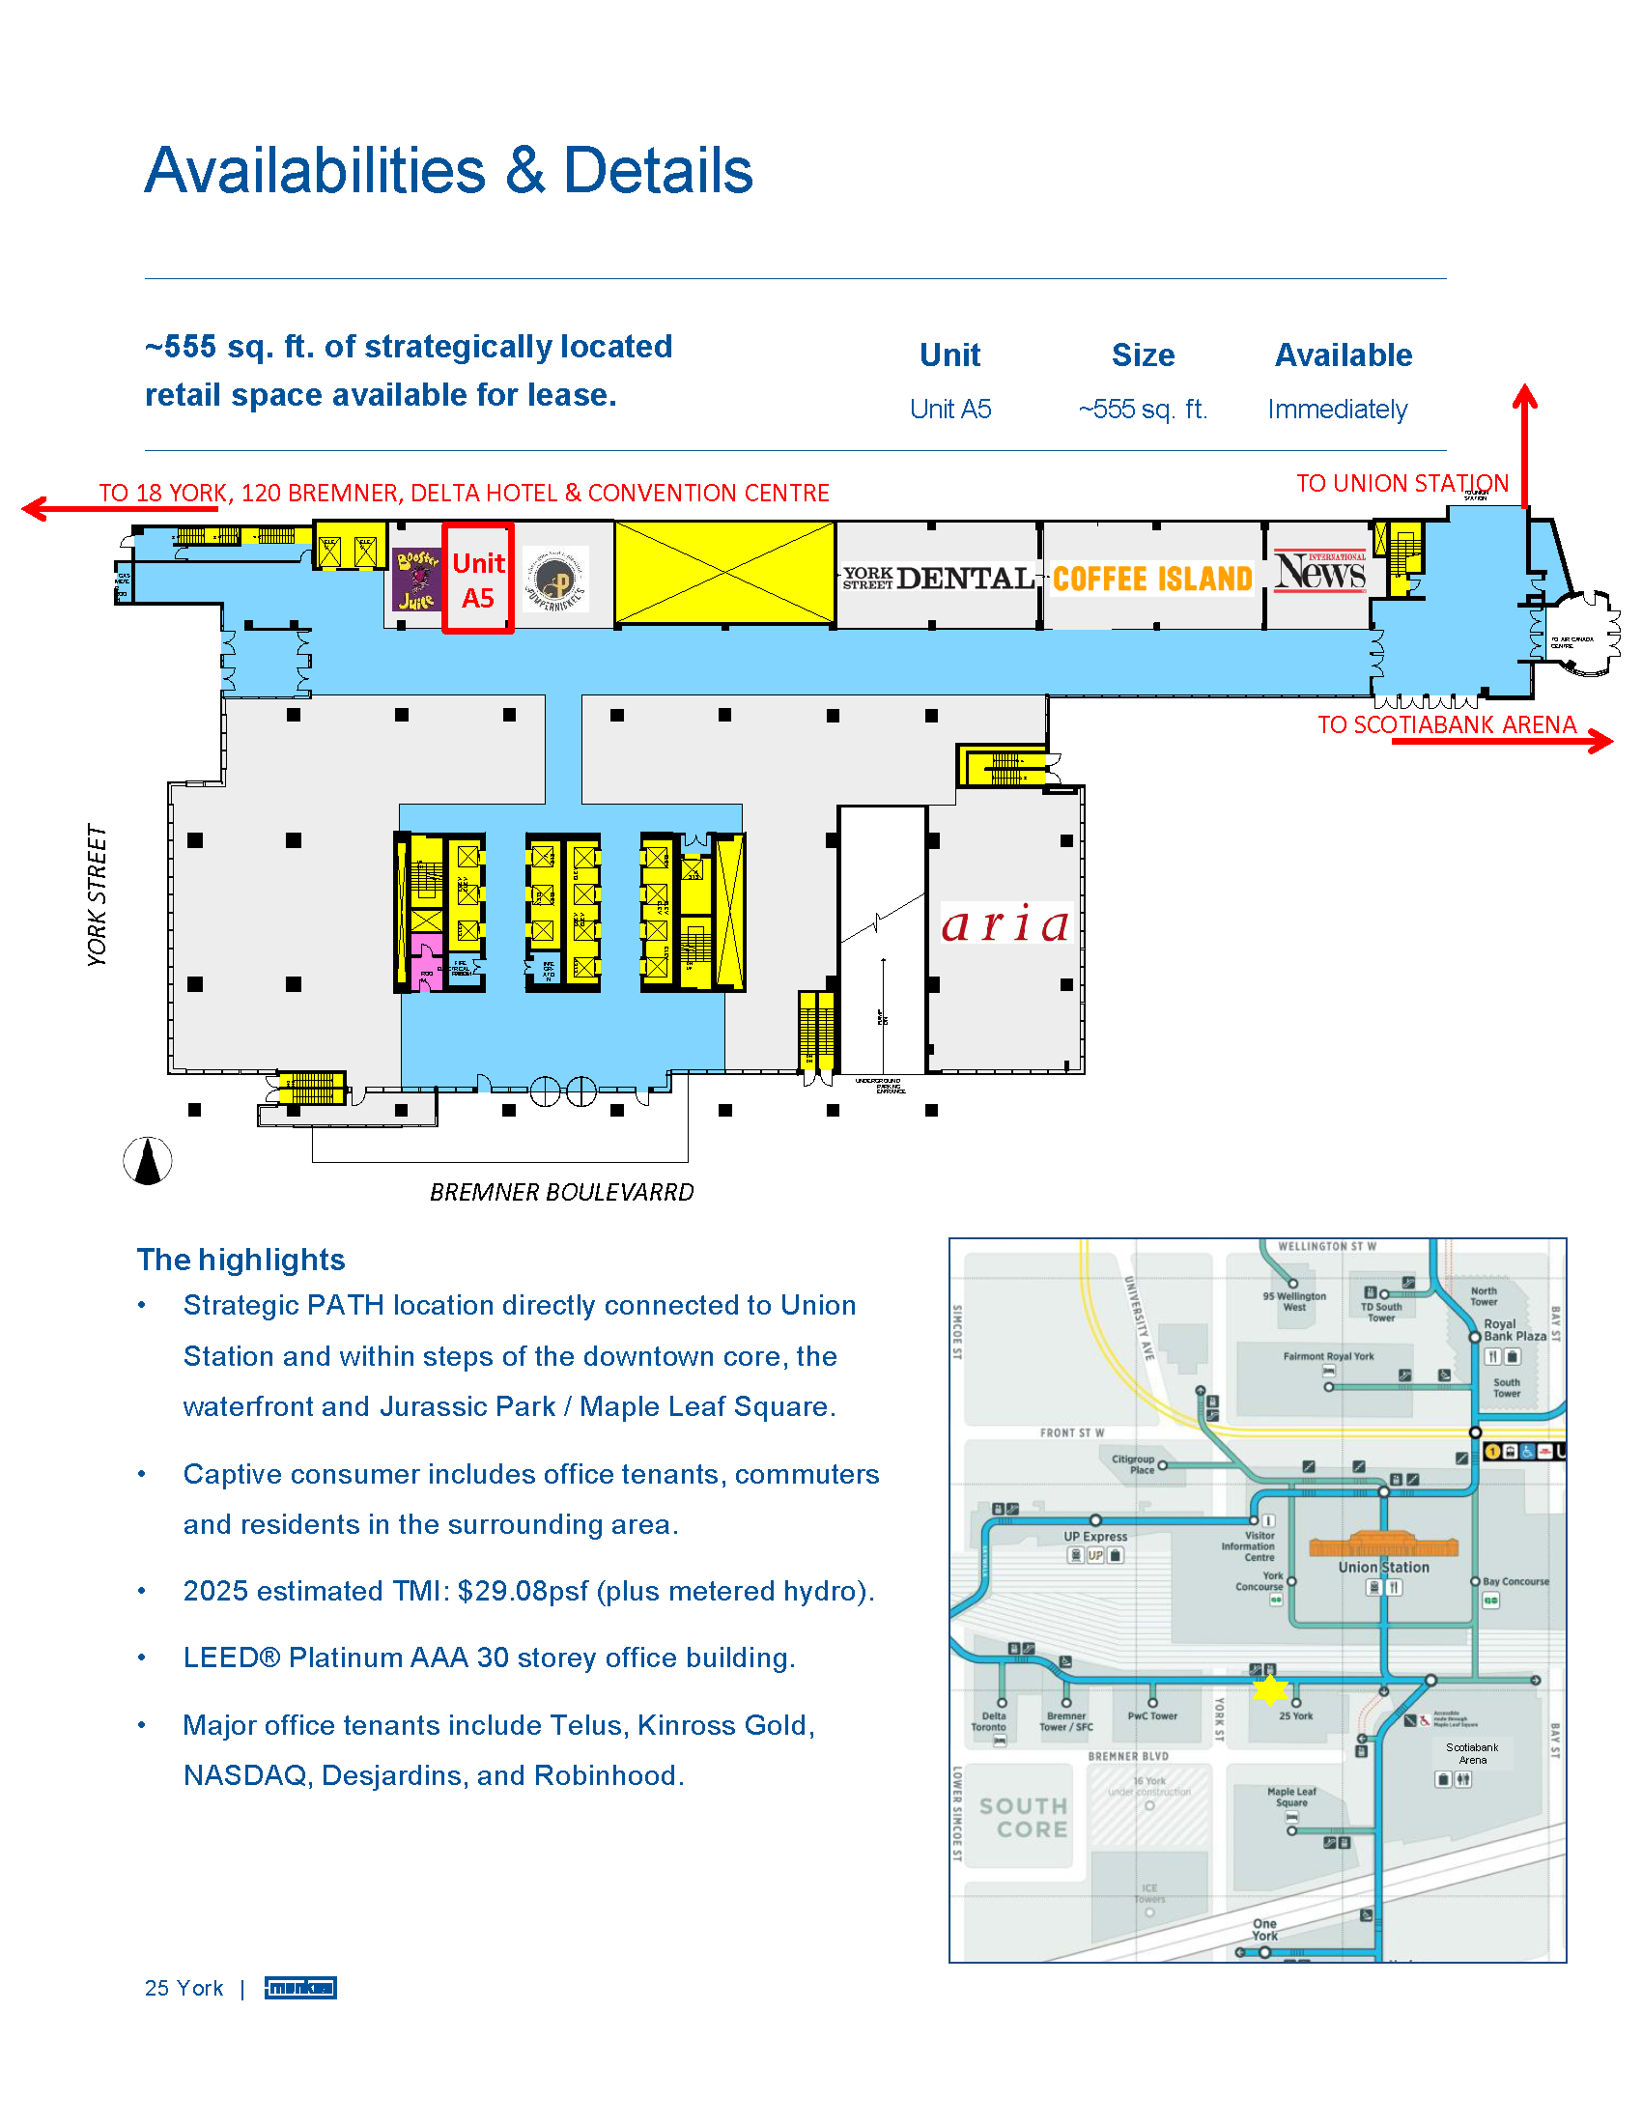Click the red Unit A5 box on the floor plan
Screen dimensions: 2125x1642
[x=477, y=579]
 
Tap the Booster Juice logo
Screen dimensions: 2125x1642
[x=417, y=580]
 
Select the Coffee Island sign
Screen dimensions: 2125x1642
[x=1152, y=579]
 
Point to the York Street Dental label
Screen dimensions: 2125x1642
[x=938, y=579]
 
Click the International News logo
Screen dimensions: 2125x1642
[x=1320, y=572]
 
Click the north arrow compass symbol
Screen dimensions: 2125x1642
[x=148, y=1161]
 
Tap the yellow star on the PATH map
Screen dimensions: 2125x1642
[x=1269, y=1689]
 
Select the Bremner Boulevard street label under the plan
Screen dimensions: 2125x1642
[x=562, y=1192]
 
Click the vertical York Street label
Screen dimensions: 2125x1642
[x=97, y=895]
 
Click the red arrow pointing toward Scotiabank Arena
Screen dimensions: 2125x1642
[x=1503, y=742]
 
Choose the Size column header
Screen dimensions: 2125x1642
[x=1143, y=355]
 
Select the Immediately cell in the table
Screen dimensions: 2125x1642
[x=1338, y=410]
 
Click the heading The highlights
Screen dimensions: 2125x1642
[x=241, y=1259]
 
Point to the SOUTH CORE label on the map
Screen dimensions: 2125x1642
[x=1024, y=1818]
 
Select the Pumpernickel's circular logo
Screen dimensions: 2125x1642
[x=555, y=581]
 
